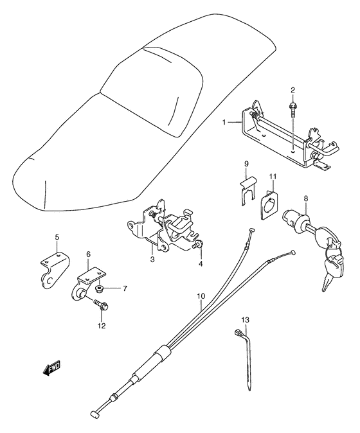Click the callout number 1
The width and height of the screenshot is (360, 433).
tap(224, 122)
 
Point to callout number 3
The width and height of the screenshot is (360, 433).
tap(152, 259)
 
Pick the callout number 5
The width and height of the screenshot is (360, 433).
tap(57, 238)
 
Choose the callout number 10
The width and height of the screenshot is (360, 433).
tap(201, 296)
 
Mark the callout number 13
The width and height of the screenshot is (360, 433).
tap(244, 319)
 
